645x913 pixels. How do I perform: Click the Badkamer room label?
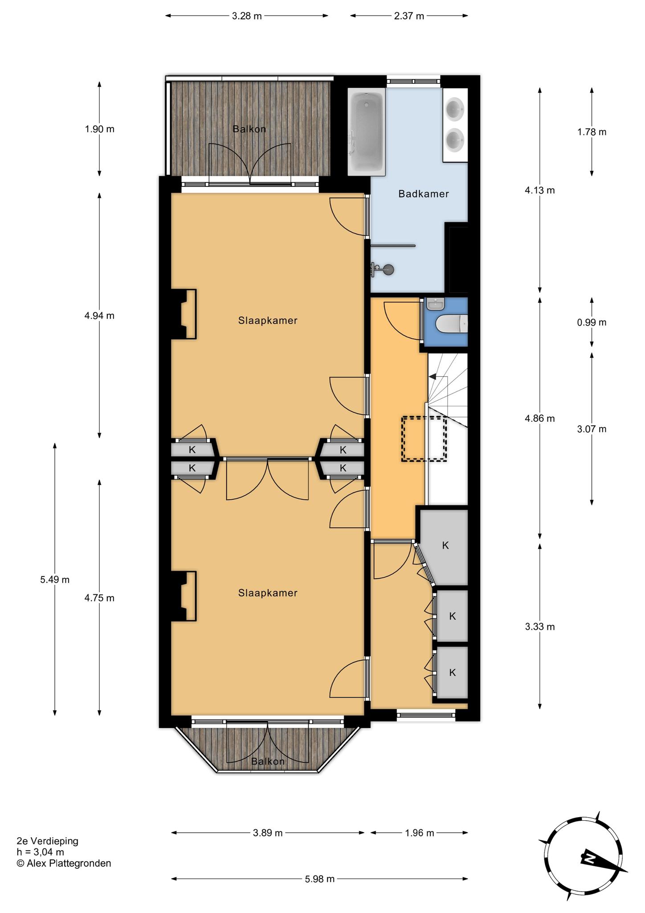tap(423, 194)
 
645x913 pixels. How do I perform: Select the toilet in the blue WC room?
tap(452, 324)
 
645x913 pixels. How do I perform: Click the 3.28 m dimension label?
tap(247, 16)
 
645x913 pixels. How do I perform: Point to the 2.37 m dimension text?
tap(409, 16)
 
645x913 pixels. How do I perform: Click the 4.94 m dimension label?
tap(99, 316)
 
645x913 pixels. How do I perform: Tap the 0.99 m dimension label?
tap(592, 322)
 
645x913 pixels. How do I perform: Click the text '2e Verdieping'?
tap(47, 841)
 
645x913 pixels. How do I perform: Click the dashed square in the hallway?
tap(424, 439)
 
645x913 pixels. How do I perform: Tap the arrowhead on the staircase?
tap(432, 377)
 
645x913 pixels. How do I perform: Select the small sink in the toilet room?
tap(435, 304)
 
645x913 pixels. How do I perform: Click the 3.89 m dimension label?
tap(268, 833)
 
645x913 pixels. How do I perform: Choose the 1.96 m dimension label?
tap(419, 833)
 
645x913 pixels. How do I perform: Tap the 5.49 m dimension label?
tap(55, 580)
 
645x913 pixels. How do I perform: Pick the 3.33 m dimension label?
tap(540, 627)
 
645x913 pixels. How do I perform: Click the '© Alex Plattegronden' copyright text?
tap(64, 864)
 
